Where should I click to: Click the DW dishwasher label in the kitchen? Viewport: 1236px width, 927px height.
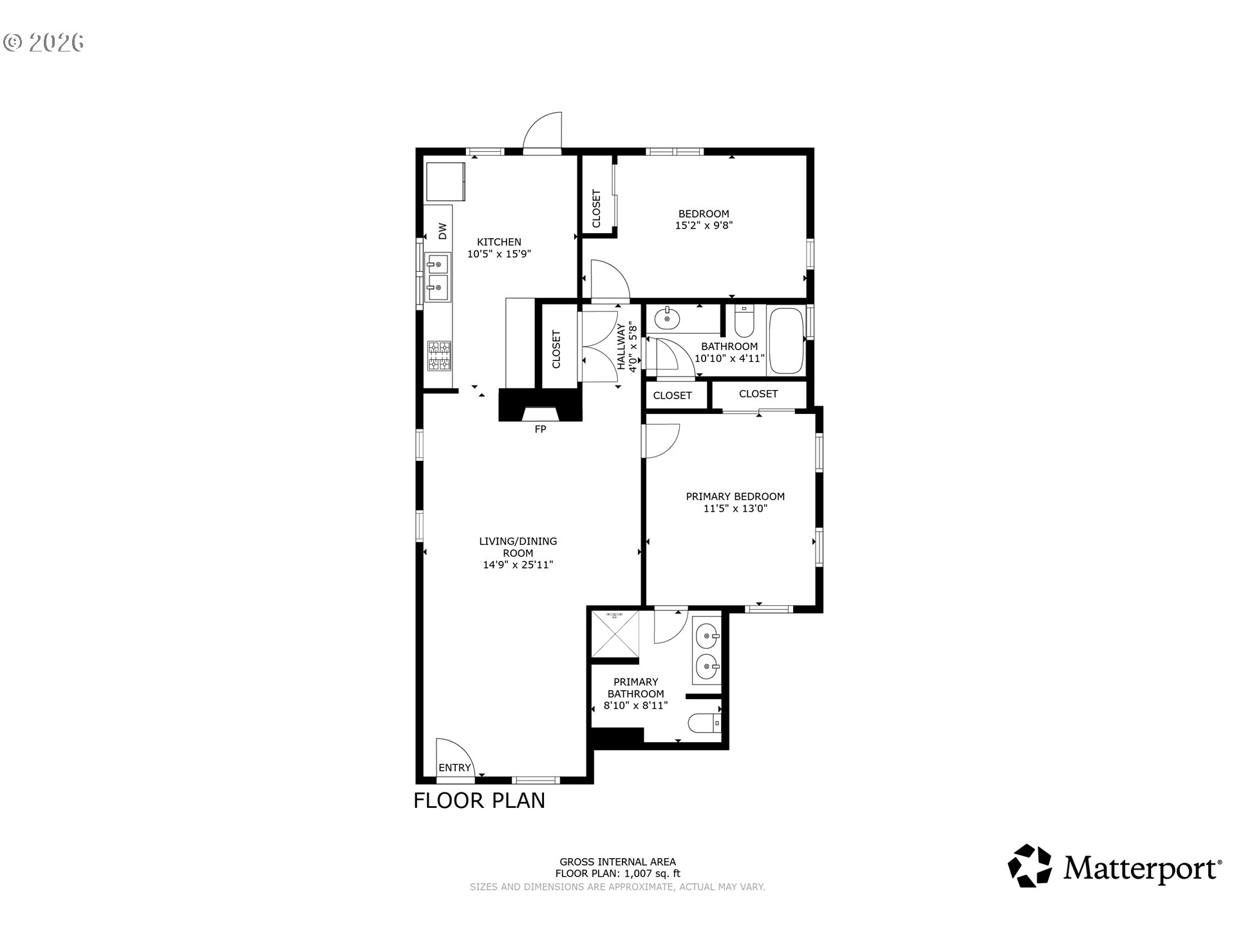point(442,231)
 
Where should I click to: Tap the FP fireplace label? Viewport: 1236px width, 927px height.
point(540,429)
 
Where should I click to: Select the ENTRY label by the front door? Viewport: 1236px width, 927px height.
point(454,767)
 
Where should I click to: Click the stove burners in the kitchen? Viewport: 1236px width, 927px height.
point(439,356)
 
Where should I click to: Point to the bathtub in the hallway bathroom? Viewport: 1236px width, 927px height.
point(786,341)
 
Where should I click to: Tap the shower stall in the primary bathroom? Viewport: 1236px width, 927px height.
point(615,634)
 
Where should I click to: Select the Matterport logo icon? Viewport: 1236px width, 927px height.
point(1029,866)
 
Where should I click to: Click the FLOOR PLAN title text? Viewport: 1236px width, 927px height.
point(479,800)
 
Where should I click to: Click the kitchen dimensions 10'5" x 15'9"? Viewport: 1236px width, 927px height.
point(499,254)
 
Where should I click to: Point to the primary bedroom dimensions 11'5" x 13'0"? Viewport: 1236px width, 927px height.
point(735,509)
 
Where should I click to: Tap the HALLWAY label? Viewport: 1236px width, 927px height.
point(621,346)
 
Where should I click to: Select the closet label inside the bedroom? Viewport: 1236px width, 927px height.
point(596,209)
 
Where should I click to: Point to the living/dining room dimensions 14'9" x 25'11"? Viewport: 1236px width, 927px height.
point(518,565)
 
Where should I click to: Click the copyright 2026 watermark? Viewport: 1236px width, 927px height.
point(44,42)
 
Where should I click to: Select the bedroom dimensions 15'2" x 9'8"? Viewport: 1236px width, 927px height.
point(704,225)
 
